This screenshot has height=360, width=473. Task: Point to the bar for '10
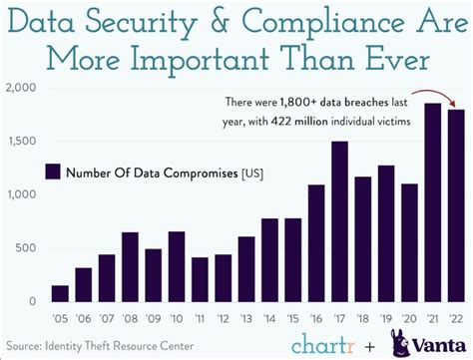pyautogui.click(x=177, y=266)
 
